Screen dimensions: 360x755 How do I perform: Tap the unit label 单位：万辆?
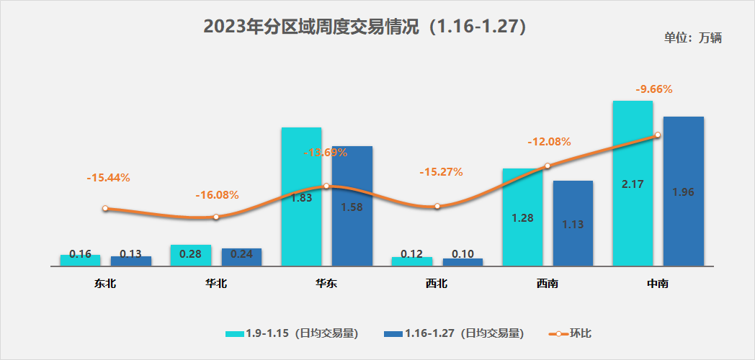pyautogui.click(x=692, y=38)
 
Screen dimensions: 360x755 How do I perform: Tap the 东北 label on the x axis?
pyautogui.click(x=105, y=284)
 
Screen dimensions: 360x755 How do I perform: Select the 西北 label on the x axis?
pyautogui.click(x=437, y=284)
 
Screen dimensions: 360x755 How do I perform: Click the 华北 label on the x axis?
pyautogui.click(x=215, y=284)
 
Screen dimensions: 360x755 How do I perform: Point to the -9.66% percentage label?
pyautogui.click(x=654, y=89)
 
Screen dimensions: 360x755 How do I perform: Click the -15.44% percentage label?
pyautogui.click(x=108, y=177)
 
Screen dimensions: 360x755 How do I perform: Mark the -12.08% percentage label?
pyautogui.click(x=549, y=142)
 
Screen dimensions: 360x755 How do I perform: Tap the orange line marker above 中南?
pyautogui.click(x=657, y=135)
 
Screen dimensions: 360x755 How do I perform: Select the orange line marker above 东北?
pyautogui.click(x=105, y=208)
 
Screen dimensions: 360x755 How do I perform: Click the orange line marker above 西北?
pyautogui.click(x=437, y=207)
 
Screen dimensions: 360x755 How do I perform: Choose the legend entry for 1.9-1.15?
pyautogui.click(x=291, y=333)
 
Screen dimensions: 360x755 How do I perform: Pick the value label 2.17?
pyautogui.click(x=633, y=184)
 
